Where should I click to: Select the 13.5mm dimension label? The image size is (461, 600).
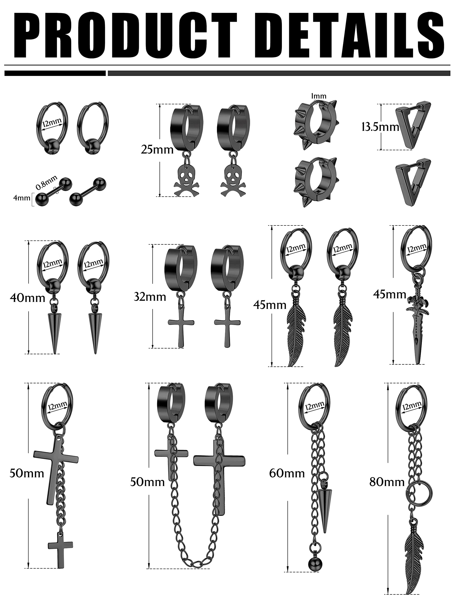pyautogui.click(x=380, y=127)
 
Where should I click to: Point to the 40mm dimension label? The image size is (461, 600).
pyautogui.click(x=27, y=297)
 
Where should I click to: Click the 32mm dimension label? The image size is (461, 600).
pyautogui.click(x=150, y=297)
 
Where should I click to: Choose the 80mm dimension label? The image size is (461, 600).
pyautogui.click(x=387, y=482)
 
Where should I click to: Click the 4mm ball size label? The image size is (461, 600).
pyautogui.click(x=22, y=198)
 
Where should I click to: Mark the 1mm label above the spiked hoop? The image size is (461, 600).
pyautogui.click(x=319, y=96)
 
